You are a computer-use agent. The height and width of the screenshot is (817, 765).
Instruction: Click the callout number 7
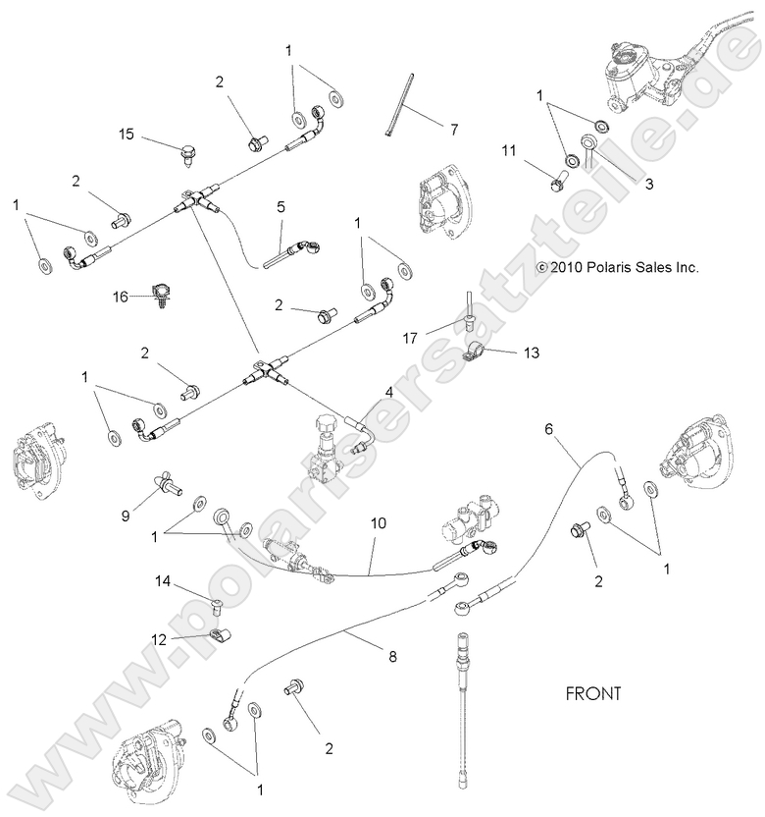click(x=454, y=129)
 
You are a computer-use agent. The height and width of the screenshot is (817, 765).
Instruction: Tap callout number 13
click(x=532, y=352)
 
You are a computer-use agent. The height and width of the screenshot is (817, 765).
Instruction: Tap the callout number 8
click(x=392, y=657)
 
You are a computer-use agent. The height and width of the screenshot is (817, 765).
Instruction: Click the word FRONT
click(x=594, y=693)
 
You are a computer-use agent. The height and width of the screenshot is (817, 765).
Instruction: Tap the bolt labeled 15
click(x=185, y=153)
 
